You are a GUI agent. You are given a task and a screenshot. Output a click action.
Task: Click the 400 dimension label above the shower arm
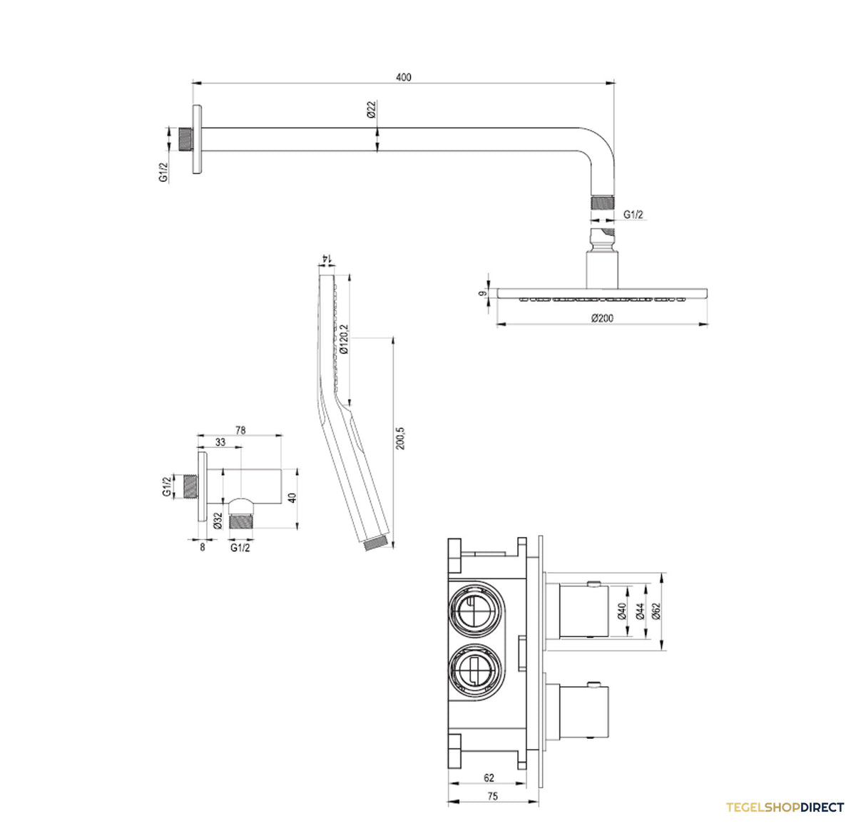click(403, 78)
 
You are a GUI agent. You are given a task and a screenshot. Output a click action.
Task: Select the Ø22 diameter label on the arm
click(371, 109)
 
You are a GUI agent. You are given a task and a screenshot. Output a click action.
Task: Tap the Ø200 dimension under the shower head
click(602, 317)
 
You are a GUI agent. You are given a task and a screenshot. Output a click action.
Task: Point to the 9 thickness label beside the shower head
click(482, 293)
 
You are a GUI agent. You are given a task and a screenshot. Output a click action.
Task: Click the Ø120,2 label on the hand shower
click(344, 339)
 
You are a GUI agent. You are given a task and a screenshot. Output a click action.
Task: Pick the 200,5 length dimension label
click(400, 438)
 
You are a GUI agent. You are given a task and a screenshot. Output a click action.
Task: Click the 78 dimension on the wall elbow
click(240, 430)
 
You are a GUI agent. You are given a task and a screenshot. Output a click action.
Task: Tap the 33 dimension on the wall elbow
click(220, 442)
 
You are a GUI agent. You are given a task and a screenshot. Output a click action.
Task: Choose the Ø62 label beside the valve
click(656, 611)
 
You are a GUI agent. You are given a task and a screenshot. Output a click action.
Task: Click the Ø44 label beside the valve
click(640, 611)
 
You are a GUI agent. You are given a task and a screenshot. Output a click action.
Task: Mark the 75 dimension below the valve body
click(493, 796)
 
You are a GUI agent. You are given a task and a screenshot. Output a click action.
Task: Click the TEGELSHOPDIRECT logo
click(785, 807)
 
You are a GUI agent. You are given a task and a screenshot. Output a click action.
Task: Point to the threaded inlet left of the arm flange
click(187, 139)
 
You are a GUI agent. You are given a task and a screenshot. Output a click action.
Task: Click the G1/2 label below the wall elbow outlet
click(240, 548)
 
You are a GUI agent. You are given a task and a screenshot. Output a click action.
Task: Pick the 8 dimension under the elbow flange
click(203, 547)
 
